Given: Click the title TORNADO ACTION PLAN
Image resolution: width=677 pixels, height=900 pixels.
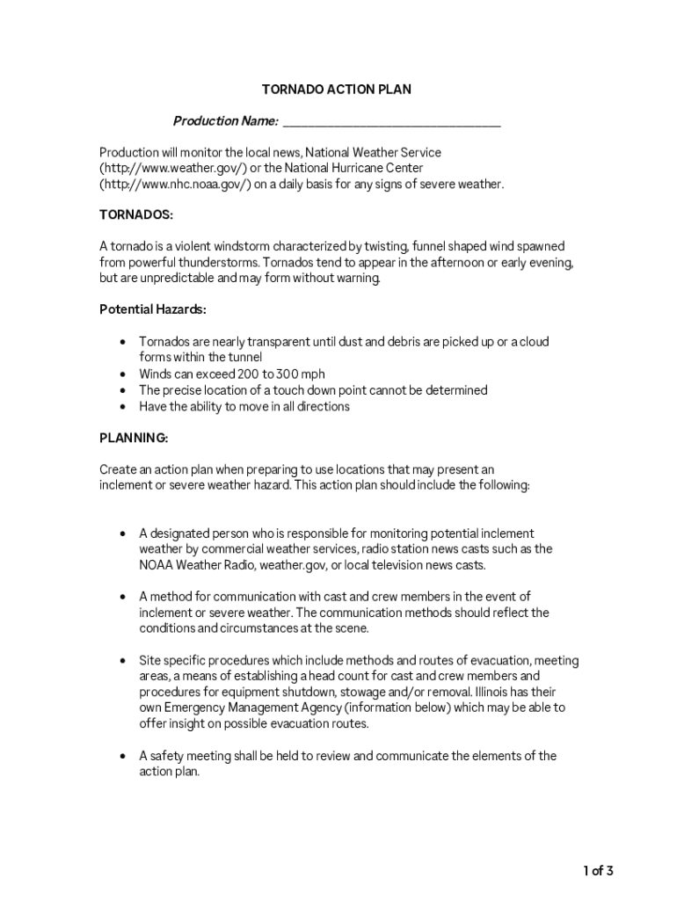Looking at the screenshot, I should tap(337, 90).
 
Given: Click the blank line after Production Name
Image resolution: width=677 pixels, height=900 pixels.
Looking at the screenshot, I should tap(391, 122).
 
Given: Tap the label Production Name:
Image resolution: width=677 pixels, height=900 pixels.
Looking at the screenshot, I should tap(226, 121).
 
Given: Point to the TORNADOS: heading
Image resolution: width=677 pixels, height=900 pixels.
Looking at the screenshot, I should tap(136, 215).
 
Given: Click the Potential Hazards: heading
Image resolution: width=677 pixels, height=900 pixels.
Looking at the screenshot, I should tap(153, 310).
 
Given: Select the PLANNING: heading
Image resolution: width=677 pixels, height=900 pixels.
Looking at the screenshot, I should tap(134, 438).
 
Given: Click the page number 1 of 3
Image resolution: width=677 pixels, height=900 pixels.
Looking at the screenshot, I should tap(598, 871).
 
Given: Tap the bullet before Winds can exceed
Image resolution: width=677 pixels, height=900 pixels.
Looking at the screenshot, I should tap(121, 374).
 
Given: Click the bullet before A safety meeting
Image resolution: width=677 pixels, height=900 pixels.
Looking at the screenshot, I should tap(121, 756).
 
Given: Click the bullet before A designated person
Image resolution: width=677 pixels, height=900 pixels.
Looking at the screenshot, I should tap(121, 533).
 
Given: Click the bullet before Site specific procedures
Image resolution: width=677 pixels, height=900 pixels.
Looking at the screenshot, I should tap(121, 660).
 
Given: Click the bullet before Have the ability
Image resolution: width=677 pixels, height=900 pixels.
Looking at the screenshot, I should tap(121, 406).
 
